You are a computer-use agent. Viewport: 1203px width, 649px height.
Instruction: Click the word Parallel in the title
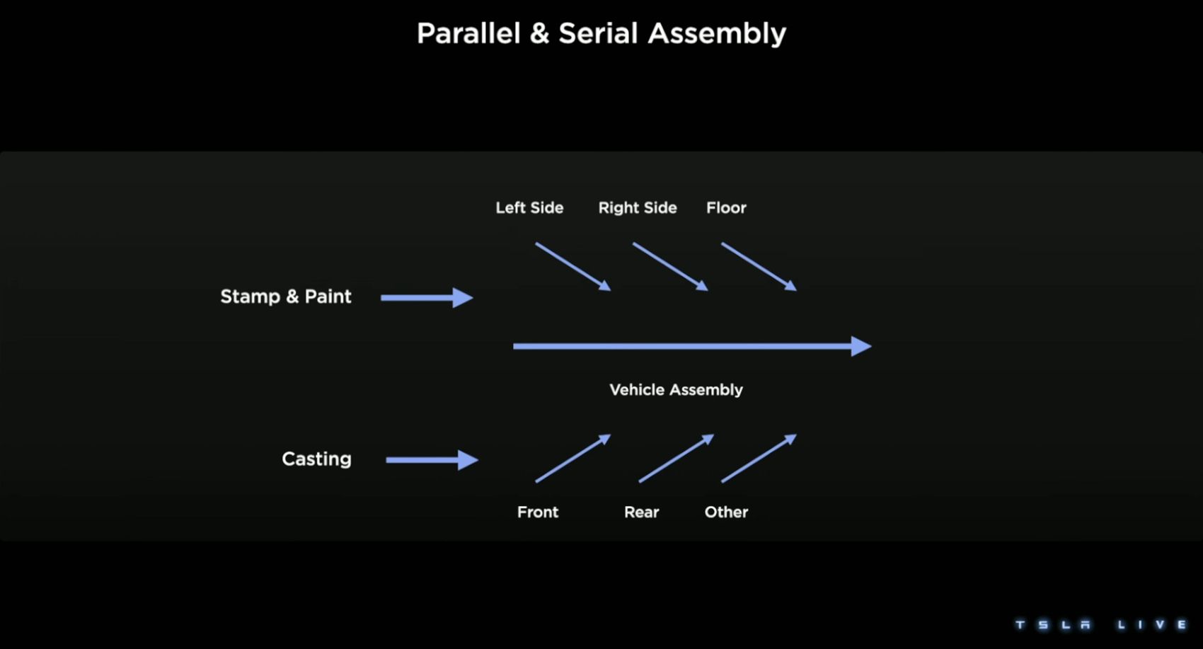click(468, 33)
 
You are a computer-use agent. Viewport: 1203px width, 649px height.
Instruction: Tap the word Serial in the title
click(598, 33)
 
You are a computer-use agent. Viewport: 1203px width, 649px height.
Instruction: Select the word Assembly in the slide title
click(717, 34)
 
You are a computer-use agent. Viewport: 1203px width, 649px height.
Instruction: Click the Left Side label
click(529, 207)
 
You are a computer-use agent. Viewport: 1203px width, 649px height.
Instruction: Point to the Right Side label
click(638, 207)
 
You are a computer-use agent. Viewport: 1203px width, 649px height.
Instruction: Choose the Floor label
click(726, 207)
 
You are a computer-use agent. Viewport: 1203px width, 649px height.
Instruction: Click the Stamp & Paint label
click(285, 296)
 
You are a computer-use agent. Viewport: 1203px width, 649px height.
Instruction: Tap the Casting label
click(316, 459)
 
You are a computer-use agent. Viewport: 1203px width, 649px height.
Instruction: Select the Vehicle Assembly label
click(676, 389)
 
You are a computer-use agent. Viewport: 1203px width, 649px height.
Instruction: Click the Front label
click(537, 512)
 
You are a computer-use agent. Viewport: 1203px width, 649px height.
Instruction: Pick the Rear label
click(641, 512)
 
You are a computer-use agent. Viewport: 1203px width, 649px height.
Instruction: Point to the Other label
click(726, 512)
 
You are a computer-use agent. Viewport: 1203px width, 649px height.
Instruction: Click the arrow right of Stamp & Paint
click(427, 297)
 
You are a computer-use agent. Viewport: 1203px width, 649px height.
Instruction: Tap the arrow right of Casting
click(432, 460)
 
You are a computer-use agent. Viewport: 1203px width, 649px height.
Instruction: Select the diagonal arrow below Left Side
click(572, 266)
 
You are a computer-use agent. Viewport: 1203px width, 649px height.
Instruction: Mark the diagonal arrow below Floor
click(759, 266)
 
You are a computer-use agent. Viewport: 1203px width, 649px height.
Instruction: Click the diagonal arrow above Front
click(572, 459)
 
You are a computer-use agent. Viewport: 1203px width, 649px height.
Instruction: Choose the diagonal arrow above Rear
click(676, 459)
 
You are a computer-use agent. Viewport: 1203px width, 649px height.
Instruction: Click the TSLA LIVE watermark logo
click(1101, 624)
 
